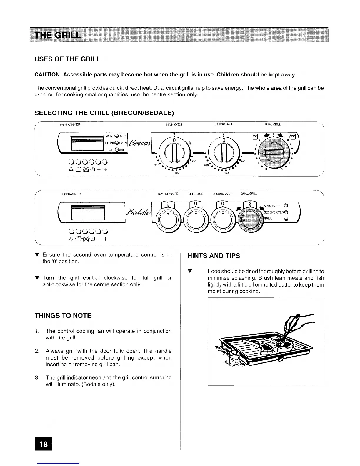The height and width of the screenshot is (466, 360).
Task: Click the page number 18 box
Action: pyautogui.click(x=43, y=444)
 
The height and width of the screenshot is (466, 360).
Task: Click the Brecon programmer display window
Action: pyautogui.click(x=86, y=143)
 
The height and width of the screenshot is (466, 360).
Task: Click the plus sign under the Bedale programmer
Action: pyautogui.click(x=105, y=239)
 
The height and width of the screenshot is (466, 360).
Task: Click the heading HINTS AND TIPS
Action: pyautogui.click(x=214, y=256)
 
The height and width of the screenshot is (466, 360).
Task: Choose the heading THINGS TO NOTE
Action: pyautogui.click(x=63, y=316)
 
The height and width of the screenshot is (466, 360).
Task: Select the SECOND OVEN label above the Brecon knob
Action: pyautogui.click(x=223, y=124)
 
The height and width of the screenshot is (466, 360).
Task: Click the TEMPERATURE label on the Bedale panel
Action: pyautogui.click(x=168, y=194)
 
